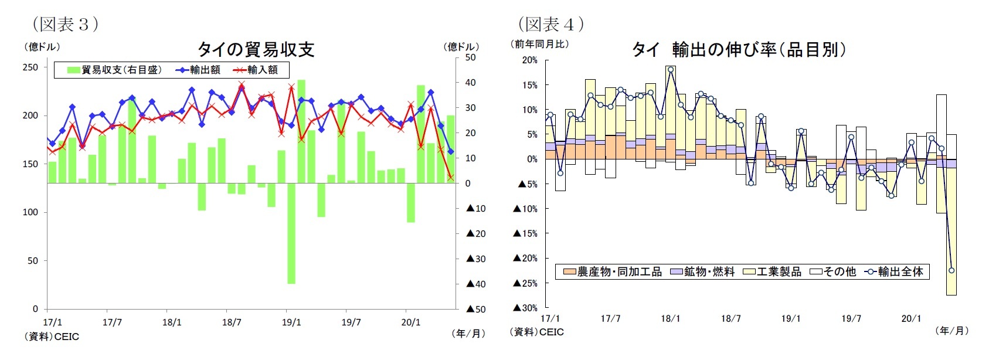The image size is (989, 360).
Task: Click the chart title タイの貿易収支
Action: click(256, 49)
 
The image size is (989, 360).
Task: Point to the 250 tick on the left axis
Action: click(30, 67)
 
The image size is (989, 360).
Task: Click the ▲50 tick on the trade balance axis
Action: click(476, 309)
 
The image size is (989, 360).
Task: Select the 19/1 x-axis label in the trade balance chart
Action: click(291, 322)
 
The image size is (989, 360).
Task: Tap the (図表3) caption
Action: click(65, 24)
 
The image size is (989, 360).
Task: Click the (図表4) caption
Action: click(551, 24)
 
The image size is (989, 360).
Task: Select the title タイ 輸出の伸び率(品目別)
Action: click(739, 50)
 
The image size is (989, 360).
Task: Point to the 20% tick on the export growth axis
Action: click(529, 60)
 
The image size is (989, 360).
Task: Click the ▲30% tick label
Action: click(525, 308)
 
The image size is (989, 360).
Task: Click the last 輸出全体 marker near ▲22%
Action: click(951, 270)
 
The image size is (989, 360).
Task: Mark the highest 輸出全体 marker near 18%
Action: click(671, 70)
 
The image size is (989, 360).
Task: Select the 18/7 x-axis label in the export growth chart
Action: click(730, 318)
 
